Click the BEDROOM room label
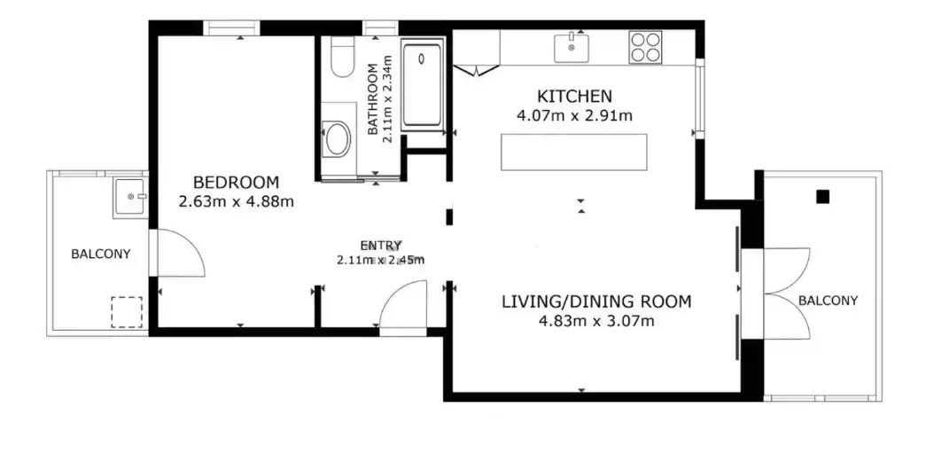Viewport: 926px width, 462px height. click(237, 182)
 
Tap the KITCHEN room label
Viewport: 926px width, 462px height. click(574, 96)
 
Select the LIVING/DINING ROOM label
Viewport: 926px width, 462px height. click(596, 301)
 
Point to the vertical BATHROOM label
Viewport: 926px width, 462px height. click(373, 98)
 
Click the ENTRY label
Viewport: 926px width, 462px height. click(381, 245)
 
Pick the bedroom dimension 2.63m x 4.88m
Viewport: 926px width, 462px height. click(237, 202)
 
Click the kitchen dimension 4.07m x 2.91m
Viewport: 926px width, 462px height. click(574, 116)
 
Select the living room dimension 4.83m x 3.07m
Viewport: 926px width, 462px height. click(596, 322)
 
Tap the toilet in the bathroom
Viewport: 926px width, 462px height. click(342, 58)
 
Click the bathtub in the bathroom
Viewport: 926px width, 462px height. click(423, 84)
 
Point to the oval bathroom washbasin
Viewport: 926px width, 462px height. click(338, 139)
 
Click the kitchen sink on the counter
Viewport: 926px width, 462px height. click(571, 48)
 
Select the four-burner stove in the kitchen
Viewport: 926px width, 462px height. click(645, 47)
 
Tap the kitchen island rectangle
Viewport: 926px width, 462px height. click(574, 153)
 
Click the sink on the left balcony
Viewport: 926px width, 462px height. click(129, 198)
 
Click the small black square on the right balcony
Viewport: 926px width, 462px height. click(822, 197)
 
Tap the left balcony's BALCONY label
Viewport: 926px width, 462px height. click(100, 254)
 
